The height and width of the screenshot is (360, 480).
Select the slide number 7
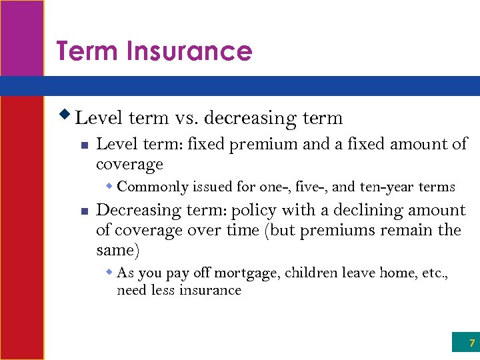[471, 343]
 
